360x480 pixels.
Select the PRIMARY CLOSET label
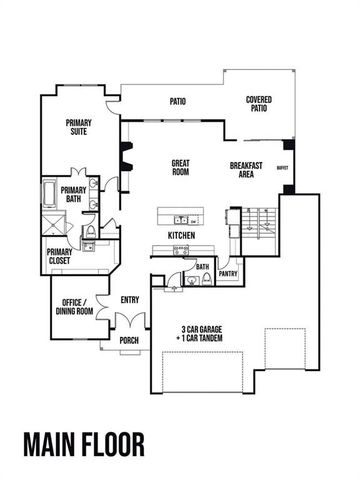(x=60, y=258)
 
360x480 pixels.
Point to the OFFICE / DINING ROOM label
(x=74, y=307)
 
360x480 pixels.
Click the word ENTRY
(x=130, y=299)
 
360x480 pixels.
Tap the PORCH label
(x=129, y=341)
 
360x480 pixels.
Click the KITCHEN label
(x=180, y=236)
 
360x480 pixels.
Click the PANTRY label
(x=228, y=272)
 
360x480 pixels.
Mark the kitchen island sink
(x=181, y=219)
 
